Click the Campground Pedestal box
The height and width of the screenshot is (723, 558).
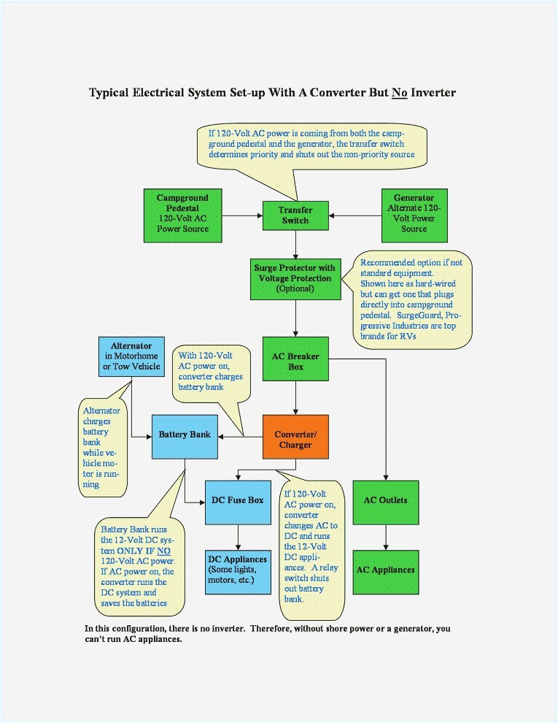182,214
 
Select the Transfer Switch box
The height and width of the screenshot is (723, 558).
295,215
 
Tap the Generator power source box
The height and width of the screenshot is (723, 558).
414,214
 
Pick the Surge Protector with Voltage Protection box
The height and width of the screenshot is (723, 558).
295,278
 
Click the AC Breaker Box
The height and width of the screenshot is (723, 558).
295,361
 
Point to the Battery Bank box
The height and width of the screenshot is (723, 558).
185,435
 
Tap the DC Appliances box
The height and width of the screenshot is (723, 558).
238,570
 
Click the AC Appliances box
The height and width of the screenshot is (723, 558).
385,570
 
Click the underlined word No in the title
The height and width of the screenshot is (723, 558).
400,93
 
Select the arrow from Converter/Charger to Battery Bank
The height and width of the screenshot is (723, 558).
241,437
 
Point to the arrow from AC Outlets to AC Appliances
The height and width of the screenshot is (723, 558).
385,536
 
